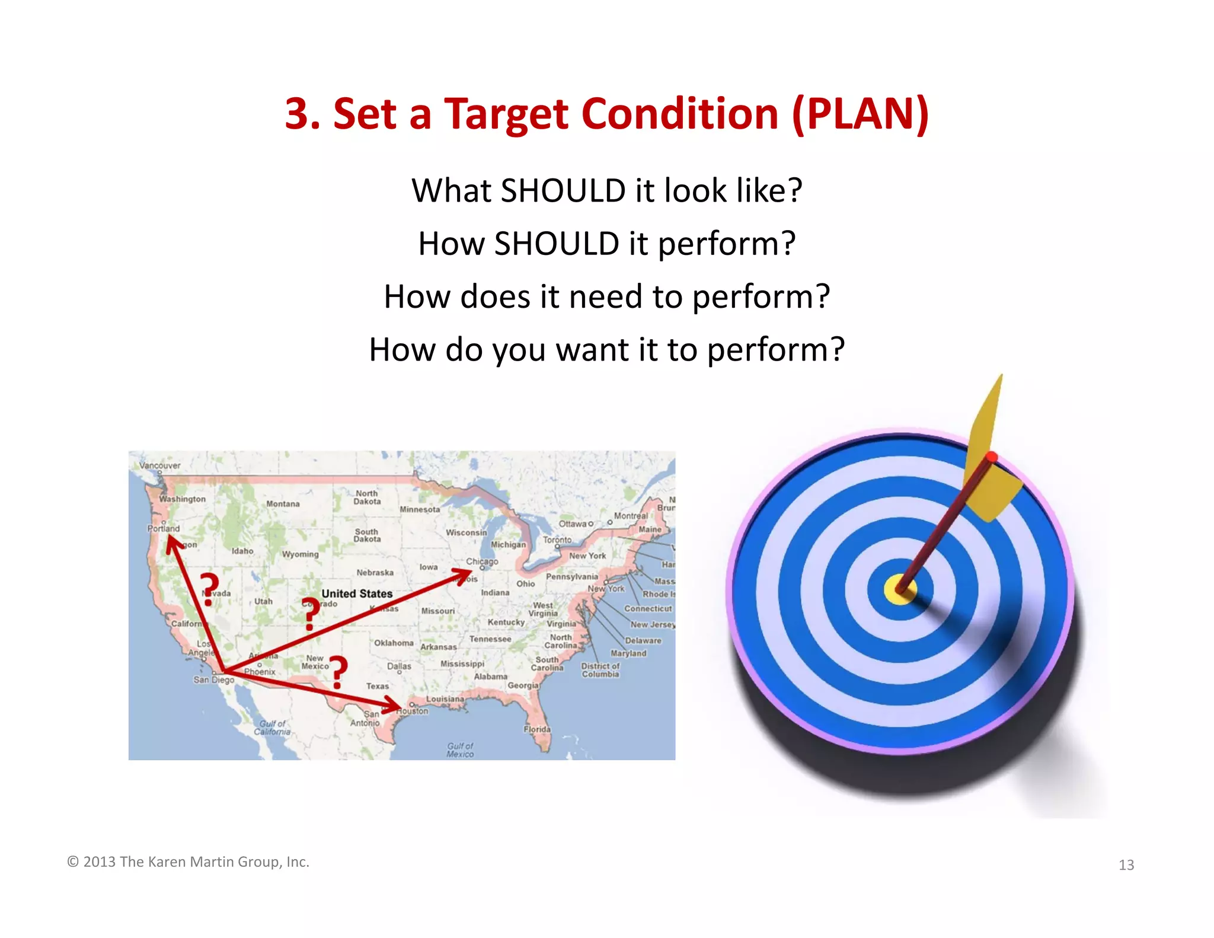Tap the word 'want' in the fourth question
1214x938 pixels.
pyautogui.click(x=592, y=350)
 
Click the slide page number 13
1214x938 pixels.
pyautogui.click(x=1126, y=865)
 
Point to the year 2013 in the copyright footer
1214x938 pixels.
pyautogui.click(x=99, y=862)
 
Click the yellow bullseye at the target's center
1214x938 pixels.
pyautogui.click(x=899, y=589)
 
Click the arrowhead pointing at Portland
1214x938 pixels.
pyautogui.click(x=172, y=542)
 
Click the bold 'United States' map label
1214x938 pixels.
pyautogui.click(x=357, y=594)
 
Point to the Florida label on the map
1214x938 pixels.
pyautogui.click(x=537, y=729)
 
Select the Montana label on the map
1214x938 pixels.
pyautogui.click(x=283, y=504)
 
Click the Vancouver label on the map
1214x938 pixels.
pyautogui.click(x=159, y=465)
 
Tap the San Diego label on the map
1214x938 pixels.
pyautogui.click(x=213, y=680)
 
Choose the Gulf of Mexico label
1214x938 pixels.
pyautogui.click(x=460, y=750)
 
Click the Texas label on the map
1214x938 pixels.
pyautogui.click(x=378, y=686)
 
